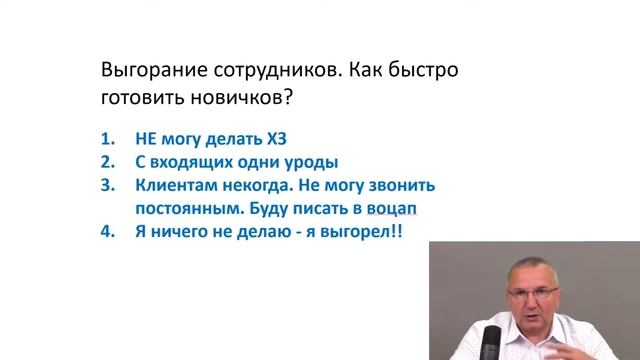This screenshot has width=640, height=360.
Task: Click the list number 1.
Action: coord(110,138)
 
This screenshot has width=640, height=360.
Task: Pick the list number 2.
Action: coord(110,162)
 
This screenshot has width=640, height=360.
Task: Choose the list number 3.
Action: coord(110,186)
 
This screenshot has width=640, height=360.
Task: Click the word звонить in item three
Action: coord(404,186)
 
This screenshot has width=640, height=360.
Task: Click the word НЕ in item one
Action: coord(145,138)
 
